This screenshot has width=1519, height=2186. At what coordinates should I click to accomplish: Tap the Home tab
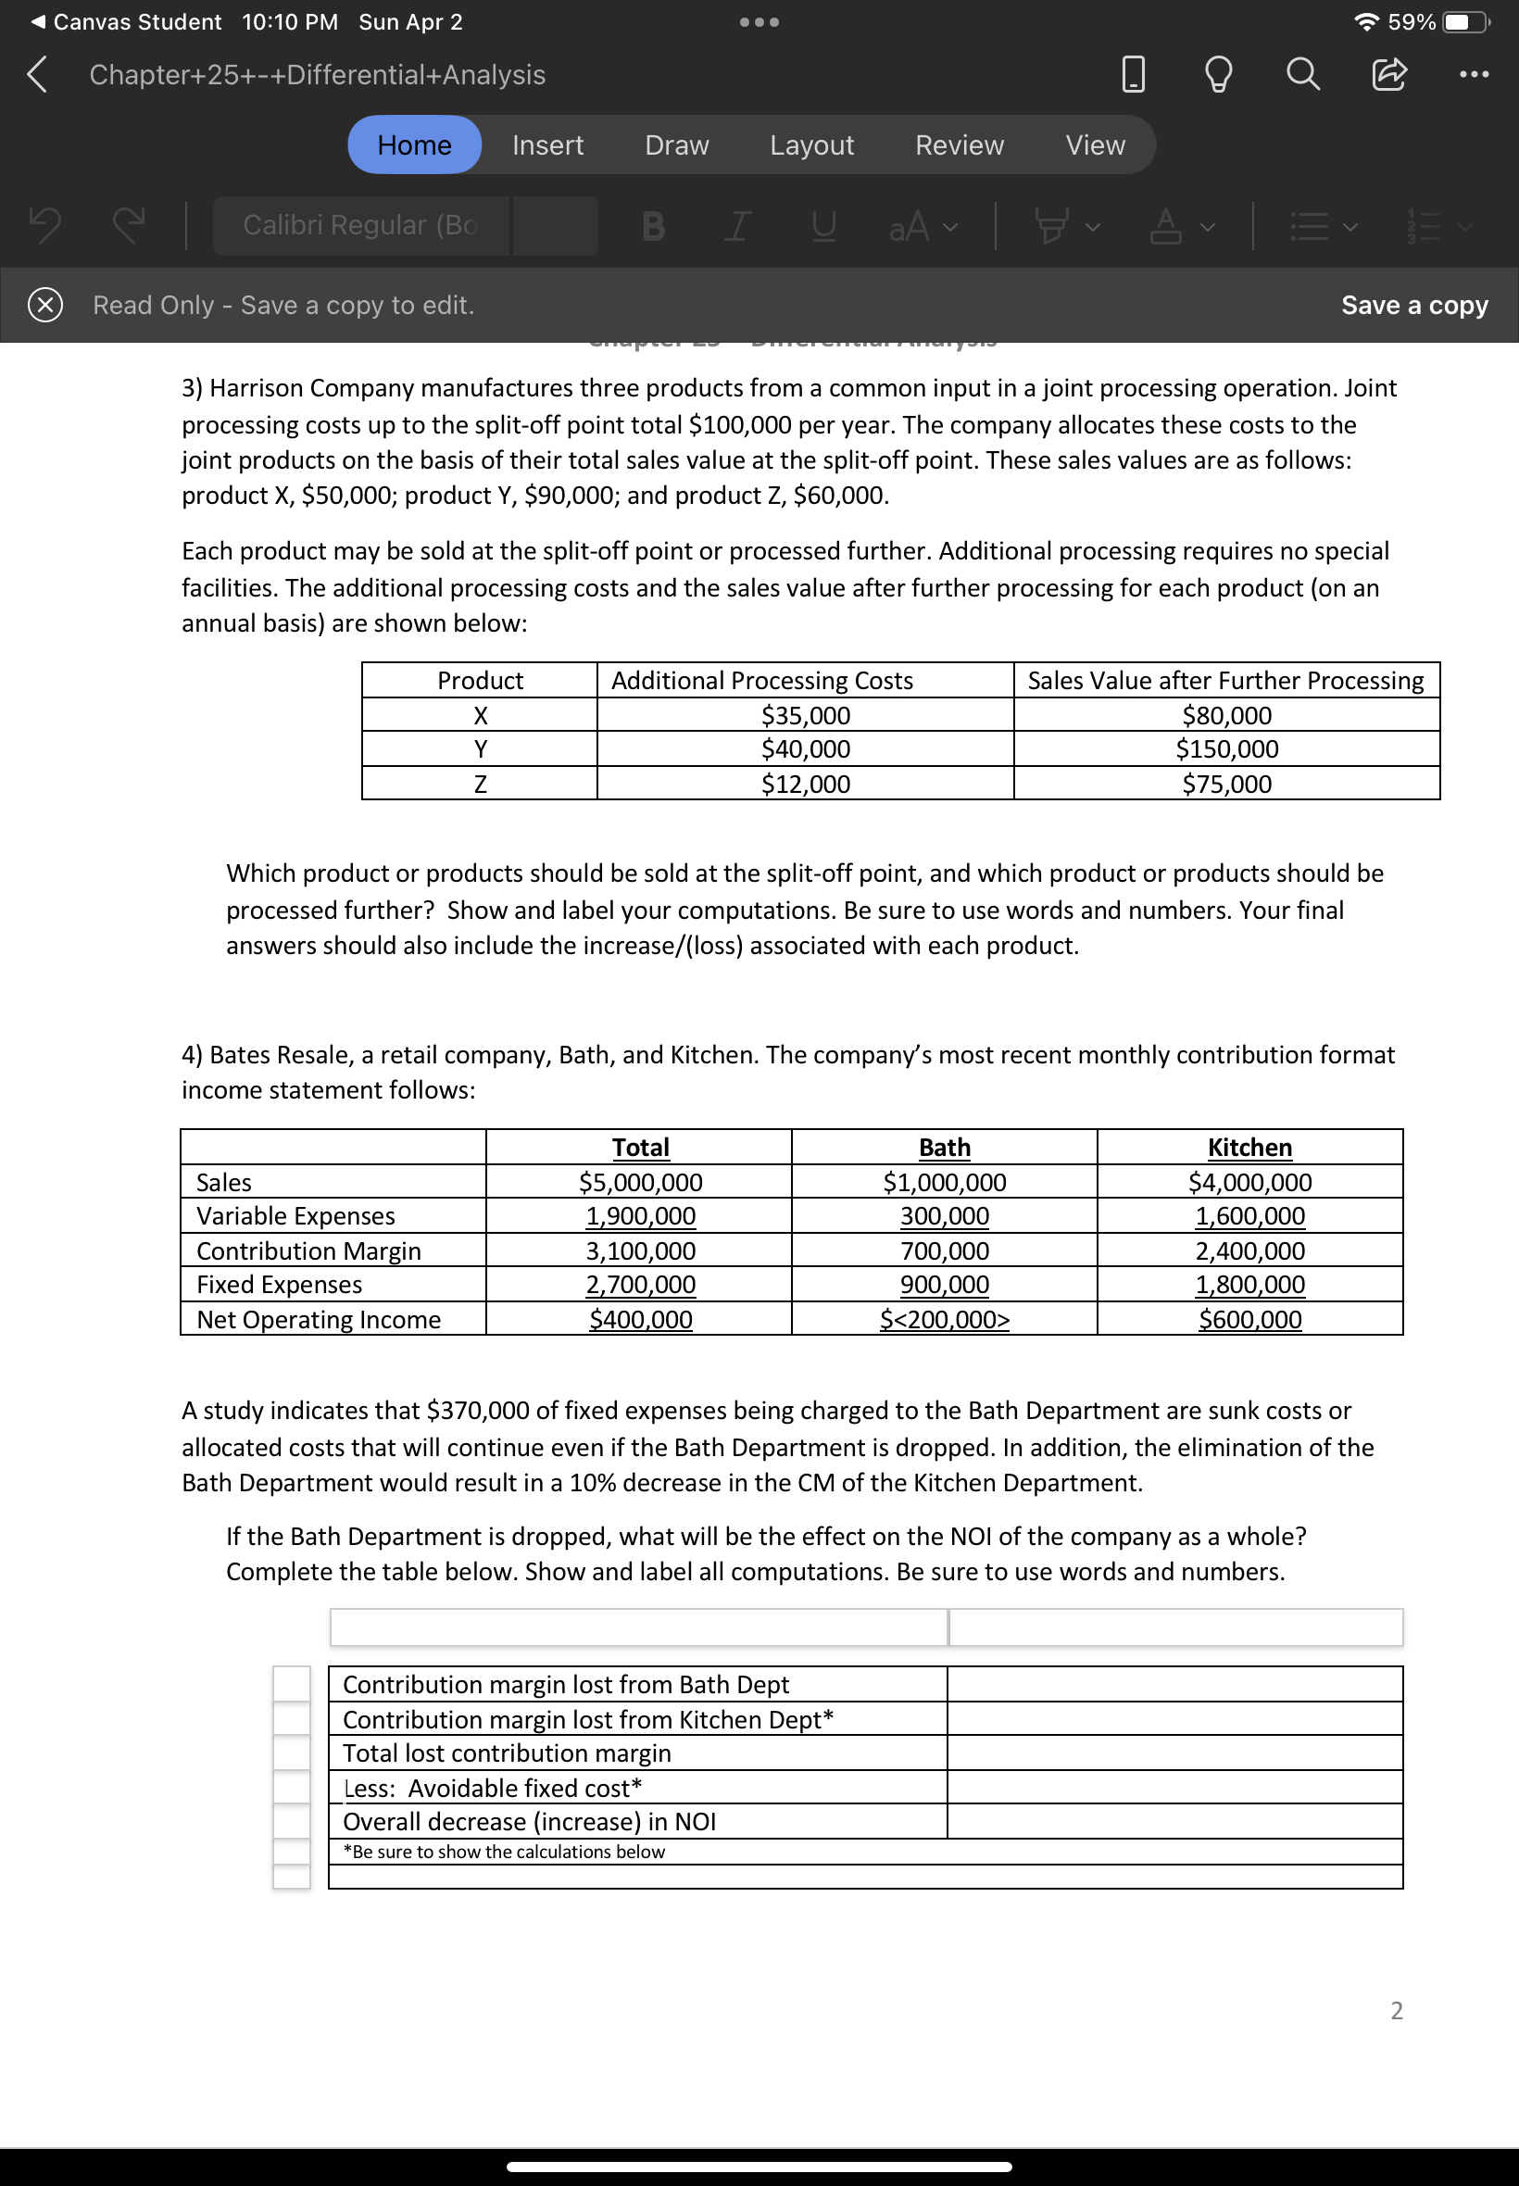[414, 144]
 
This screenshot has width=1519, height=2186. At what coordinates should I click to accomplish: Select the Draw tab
[676, 144]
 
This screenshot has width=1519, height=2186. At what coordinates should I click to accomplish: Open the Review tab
[959, 144]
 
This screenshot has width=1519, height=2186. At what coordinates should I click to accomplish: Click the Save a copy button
[1413, 305]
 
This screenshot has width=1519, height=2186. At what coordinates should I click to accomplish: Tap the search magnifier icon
[1302, 73]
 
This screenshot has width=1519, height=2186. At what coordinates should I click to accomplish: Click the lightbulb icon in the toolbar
[1218, 73]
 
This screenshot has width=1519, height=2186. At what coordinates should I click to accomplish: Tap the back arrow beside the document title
[37, 73]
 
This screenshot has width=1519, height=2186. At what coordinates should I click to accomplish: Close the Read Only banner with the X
[44, 305]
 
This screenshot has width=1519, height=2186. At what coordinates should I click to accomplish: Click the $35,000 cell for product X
[805, 715]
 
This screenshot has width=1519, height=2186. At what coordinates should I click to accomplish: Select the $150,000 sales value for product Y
[1226, 749]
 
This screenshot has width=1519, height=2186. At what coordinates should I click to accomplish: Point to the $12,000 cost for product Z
[805, 785]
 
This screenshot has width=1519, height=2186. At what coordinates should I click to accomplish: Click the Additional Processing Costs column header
[761, 681]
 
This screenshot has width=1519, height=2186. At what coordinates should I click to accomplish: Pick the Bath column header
[944, 1148]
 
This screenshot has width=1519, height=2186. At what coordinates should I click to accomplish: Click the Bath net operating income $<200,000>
[944, 1320]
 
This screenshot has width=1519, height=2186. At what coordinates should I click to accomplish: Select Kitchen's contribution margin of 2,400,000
[1249, 1251]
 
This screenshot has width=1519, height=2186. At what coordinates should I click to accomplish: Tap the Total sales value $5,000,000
[641, 1183]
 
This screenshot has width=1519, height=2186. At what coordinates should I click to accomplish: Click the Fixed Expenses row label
[279, 1286]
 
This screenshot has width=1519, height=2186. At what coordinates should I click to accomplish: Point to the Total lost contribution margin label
[507, 1754]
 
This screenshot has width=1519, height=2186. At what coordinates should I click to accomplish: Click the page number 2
[1396, 2011]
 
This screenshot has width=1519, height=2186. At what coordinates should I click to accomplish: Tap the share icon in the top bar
[1388, 73]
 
